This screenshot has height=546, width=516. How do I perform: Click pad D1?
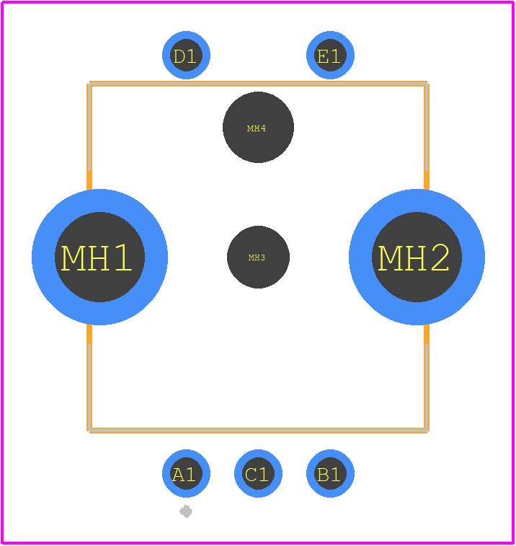186,55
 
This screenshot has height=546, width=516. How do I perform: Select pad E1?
330,55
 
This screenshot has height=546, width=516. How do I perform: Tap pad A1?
186,474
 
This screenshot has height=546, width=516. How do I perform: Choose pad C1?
258,474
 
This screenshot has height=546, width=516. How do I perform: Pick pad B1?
330,474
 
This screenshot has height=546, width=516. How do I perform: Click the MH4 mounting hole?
258,127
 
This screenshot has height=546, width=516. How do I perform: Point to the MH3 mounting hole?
258,257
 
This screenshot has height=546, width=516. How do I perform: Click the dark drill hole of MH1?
100,257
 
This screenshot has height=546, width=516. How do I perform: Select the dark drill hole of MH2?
417,257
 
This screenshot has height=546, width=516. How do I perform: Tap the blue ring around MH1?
43,257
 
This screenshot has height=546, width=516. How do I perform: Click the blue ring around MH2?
473,257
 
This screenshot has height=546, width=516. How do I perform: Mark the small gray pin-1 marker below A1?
186,511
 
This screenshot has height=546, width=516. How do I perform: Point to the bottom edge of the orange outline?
258,431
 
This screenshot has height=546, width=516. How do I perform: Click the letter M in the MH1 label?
73,257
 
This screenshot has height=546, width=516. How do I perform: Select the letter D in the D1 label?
179,56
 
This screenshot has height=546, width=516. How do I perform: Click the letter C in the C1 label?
252,475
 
